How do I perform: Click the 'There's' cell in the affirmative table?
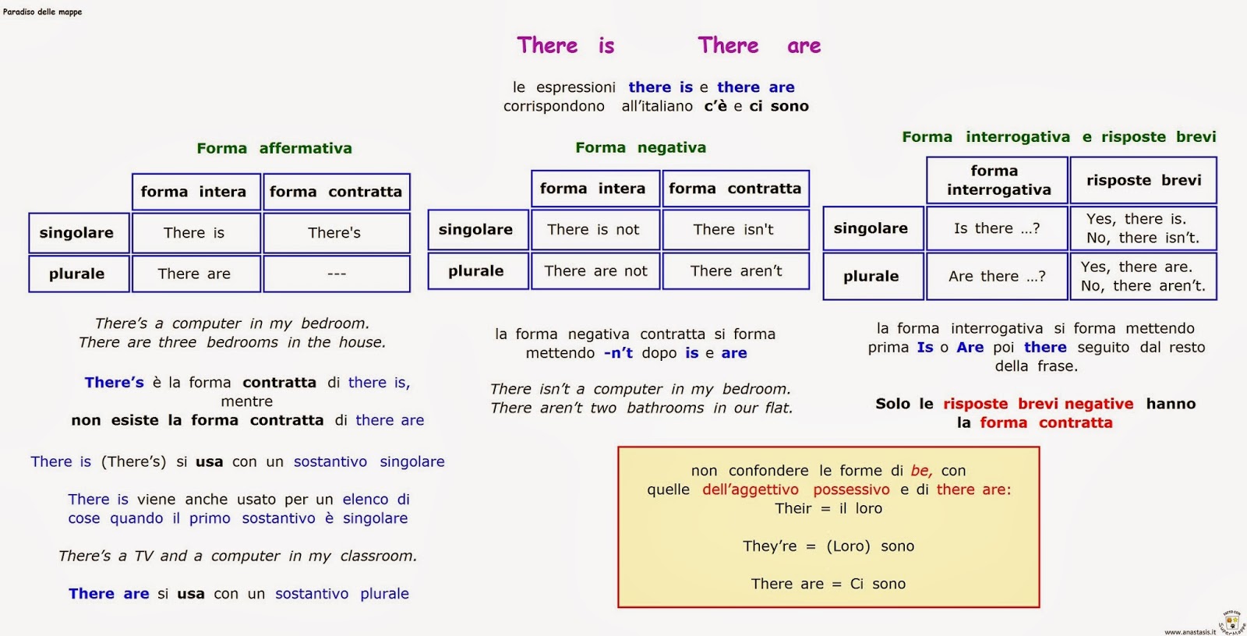point(336,233)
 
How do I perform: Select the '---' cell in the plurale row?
point(336,274)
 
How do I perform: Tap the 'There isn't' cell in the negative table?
point(736,229)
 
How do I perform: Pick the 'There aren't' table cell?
point(736,270)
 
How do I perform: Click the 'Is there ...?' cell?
point(997,228)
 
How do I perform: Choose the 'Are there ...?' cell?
point(997,276)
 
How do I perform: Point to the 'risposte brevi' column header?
point(1143,181)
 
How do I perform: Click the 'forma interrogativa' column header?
point(997,181)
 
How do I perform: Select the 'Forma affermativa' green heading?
point(274,148)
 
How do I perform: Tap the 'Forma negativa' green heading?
point(640,147)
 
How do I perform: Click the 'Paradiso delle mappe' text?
point(42,12)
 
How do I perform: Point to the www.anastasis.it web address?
point(1189,631)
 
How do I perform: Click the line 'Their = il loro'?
point(828,508)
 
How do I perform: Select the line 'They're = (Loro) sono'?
point(828,546)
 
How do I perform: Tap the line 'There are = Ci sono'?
point(828,584)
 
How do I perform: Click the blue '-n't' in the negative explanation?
point(619,353)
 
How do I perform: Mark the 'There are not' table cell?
point(595,270)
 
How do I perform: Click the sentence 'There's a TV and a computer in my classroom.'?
point(237,556)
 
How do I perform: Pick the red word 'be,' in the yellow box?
point(921,471)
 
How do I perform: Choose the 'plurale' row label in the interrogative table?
point(872,276)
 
